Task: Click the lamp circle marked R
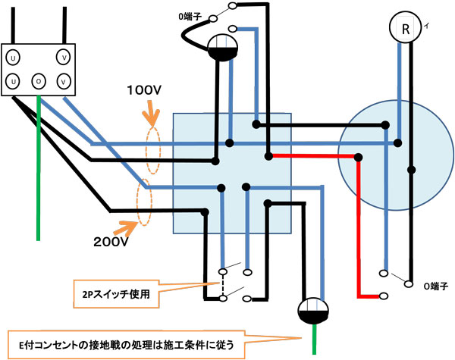click(x=406, y=30)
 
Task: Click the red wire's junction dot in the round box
click(x=357, y=157)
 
